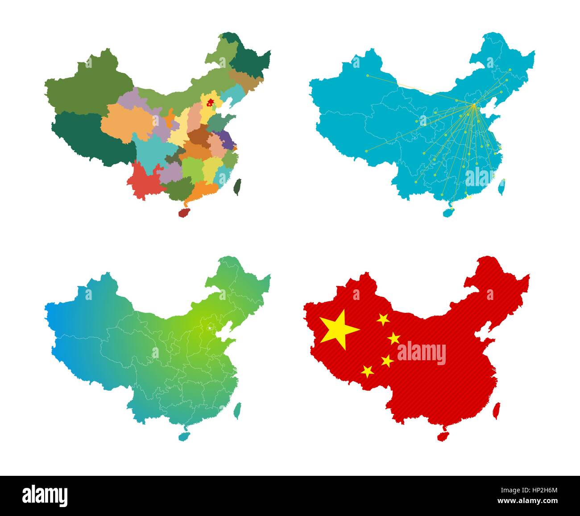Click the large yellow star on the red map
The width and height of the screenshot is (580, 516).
click(339, 329)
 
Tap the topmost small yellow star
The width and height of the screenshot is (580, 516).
click(383, 319)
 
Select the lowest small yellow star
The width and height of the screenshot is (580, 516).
click(368, 371)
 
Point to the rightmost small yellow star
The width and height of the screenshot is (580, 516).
click(394, 338)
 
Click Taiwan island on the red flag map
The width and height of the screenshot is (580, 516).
click(496, 410)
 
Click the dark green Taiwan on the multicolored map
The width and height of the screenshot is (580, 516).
click(237, 187)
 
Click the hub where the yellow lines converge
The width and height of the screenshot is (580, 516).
click(473, 105)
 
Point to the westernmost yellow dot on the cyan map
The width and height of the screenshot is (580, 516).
click(367, 76)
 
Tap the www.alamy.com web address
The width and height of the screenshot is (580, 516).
click(529, 501)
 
